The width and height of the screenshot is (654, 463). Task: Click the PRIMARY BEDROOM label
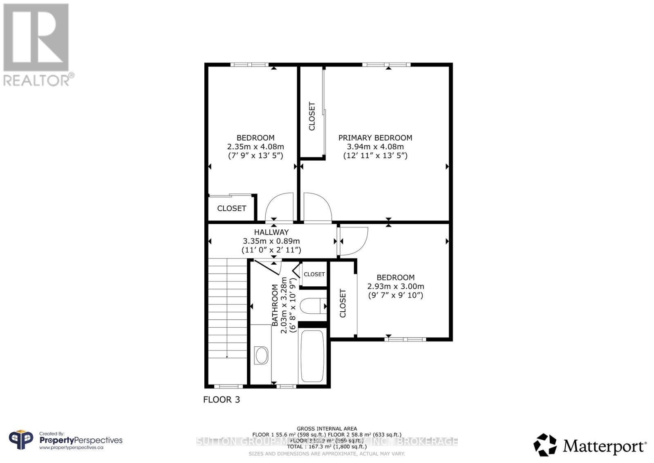[375, 138]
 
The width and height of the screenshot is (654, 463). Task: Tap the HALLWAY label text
[271, 232]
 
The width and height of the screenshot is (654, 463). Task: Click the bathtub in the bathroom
[313, 356]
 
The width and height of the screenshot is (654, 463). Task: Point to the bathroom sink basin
[261, 355]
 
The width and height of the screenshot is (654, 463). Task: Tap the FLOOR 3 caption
[222, 400]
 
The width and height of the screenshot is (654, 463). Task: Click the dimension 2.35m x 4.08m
[255, 147]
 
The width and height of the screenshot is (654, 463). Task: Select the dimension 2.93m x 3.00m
[396, 286]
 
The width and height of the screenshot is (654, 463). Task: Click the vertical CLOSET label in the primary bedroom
[312, 116]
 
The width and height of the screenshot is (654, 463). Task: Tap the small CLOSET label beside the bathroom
[314, 274]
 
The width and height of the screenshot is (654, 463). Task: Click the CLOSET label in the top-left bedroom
[231, 209]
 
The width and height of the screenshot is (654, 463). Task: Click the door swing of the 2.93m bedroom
[354, 241]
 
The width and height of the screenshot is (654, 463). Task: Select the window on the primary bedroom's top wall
[386, 64]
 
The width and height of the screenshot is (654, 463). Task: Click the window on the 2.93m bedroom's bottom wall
[405, 339]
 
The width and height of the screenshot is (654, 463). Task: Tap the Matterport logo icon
[545, 445]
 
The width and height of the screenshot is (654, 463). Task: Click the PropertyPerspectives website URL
[71, 448]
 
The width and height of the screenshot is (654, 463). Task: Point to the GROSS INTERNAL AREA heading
[327, 429]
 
